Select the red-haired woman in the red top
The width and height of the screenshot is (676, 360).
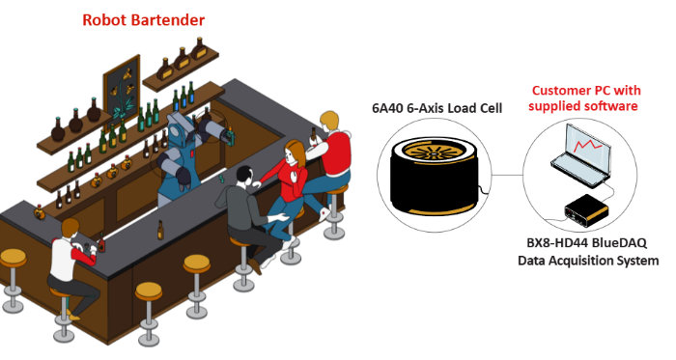291,174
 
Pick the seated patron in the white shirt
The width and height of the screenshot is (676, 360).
70,256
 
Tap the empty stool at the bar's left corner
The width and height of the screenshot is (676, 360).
13,261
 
